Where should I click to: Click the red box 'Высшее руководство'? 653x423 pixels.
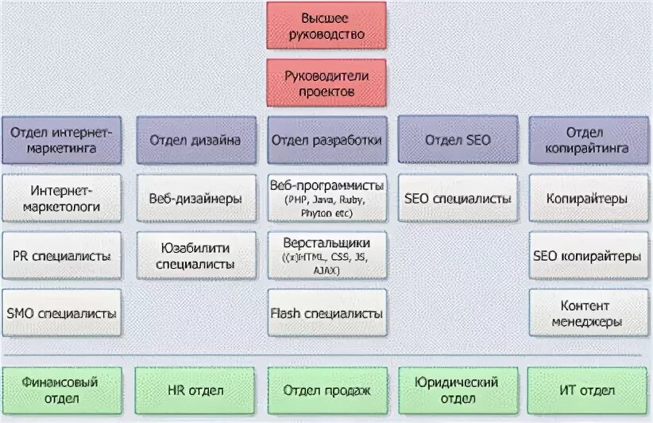(326, 25)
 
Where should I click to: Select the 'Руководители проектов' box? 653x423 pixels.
(326, 83)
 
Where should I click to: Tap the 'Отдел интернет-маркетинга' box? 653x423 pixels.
(61, 140)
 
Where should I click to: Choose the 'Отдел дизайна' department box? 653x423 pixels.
(195, 140)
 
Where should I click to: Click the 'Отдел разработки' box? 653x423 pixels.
(326, 140)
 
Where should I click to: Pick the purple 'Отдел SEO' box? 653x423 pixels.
(458, 140)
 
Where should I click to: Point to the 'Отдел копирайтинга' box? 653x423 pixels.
(589, 140)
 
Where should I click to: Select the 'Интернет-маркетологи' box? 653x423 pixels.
(61, 199)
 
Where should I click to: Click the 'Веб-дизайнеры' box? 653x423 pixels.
(195, 199)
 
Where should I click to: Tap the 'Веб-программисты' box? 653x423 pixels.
(326, 199)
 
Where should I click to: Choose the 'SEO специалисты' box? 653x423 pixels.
(458, 199)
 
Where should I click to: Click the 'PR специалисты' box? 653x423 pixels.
(61, 256)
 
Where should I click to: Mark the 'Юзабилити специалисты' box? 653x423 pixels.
(195, 256)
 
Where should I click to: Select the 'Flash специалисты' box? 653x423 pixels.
(326, 313)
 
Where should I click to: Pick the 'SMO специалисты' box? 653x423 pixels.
(61, 313)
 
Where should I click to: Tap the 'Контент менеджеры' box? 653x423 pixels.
(589, 313)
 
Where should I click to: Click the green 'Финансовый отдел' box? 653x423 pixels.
(61, 390)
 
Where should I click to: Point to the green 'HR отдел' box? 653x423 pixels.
(195, 390)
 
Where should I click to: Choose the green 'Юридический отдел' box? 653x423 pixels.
(458, 390)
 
